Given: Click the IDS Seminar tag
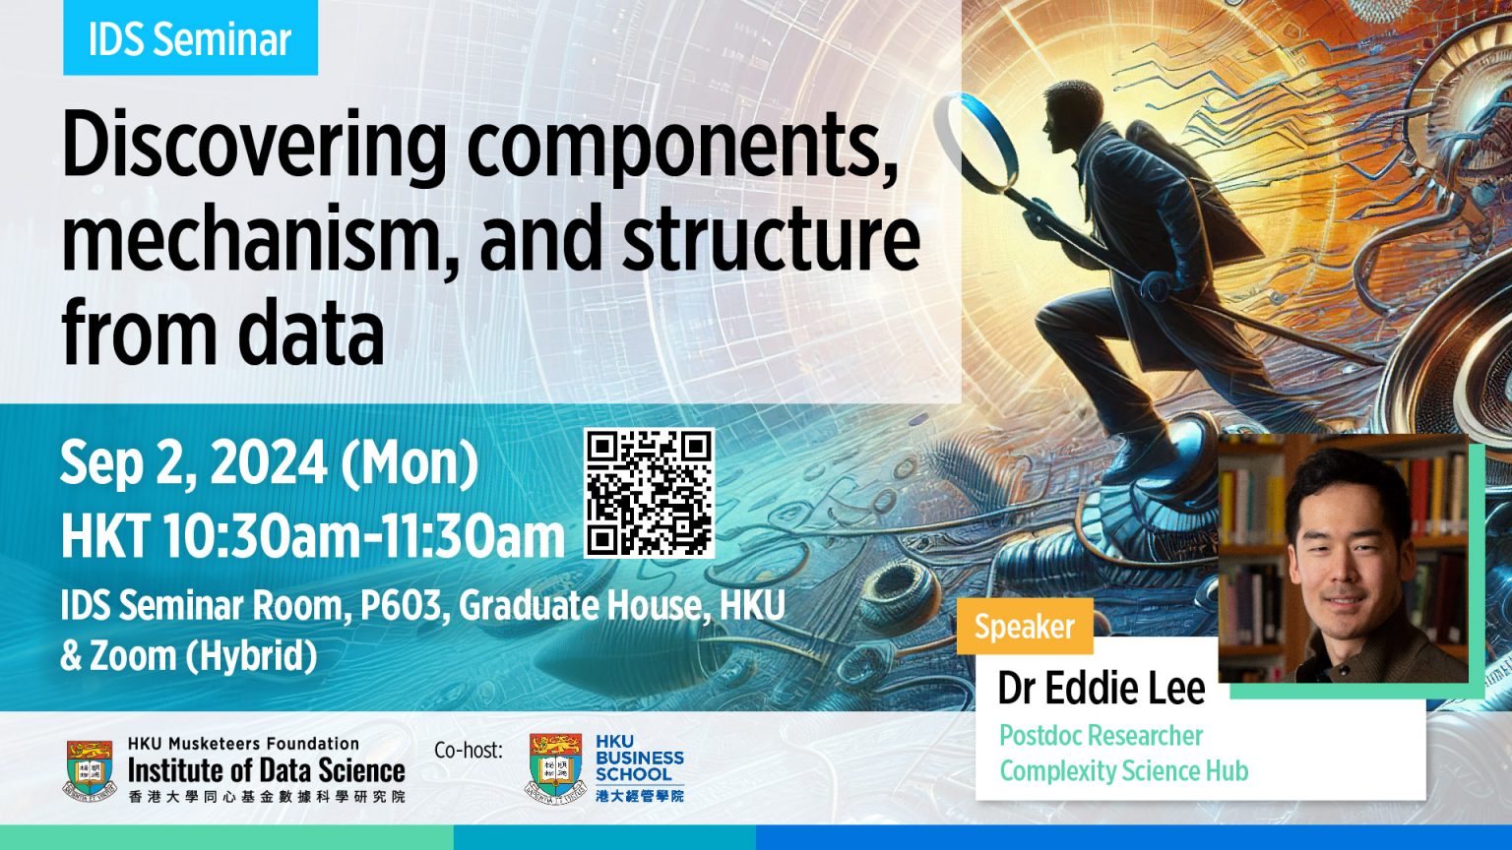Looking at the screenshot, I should click(x=190, y=39).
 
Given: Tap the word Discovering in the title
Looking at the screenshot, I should click(x=254, y=148).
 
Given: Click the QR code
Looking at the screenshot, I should click(x=649, y=493).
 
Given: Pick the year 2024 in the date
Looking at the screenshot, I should click(x=269, y=463).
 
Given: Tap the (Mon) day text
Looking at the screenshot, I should click(x=409, y=463).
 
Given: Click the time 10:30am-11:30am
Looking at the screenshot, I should click(x=363, y=536).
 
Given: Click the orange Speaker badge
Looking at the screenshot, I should click(x=1025, y=627).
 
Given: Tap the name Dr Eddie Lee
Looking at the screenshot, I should click(x=1101, y=689).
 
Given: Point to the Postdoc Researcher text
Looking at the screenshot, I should click(x=1101, y=736).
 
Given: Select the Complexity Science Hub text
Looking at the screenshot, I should click(x=1123, y=770).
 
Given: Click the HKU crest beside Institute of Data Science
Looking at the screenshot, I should click(x=91, y=768).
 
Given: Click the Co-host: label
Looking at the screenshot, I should click(x=468, y=751).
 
